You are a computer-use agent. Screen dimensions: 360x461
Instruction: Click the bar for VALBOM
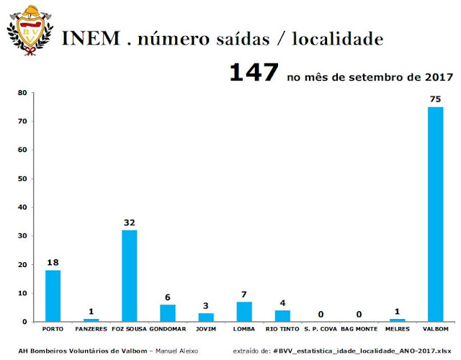435,214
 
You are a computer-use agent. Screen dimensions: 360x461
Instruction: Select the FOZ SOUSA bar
130,276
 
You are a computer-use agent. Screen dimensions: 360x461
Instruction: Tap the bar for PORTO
53,296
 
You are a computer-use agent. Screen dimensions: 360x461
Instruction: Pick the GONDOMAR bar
168,313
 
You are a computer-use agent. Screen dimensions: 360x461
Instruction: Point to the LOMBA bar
244,312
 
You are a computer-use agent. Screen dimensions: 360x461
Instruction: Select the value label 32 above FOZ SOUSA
130,222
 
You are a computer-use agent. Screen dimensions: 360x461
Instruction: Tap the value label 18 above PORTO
53,263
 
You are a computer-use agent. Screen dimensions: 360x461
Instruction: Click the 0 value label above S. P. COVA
321,314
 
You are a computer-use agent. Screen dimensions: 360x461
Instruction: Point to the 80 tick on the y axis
22,93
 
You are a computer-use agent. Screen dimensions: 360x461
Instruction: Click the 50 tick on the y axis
22,179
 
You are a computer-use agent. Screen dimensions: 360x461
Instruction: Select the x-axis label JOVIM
206,330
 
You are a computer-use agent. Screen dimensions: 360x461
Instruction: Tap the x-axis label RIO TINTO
282,330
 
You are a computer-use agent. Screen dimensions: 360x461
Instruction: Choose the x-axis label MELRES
397,330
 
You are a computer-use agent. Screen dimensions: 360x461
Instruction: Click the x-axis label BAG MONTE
359,330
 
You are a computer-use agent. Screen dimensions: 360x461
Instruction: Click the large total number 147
254,73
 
